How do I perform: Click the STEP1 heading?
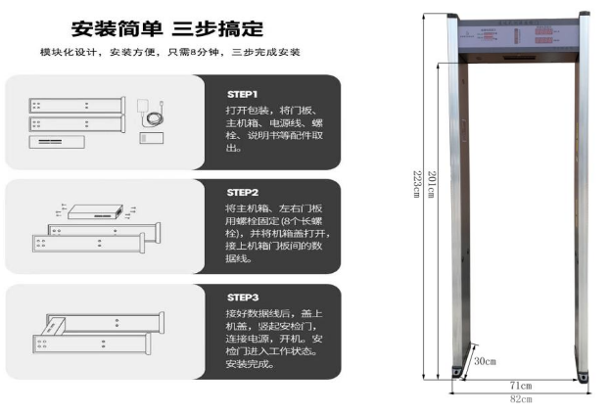[242, 93]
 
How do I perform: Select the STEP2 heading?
[242, 192]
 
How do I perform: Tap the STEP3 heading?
[242, 297]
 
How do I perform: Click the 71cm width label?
[519, 386]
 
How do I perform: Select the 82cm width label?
[519, 398]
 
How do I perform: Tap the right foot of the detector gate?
[585, 374]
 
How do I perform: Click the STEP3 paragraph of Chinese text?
[277, 338]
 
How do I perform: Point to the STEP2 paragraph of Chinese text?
[277, 234]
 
